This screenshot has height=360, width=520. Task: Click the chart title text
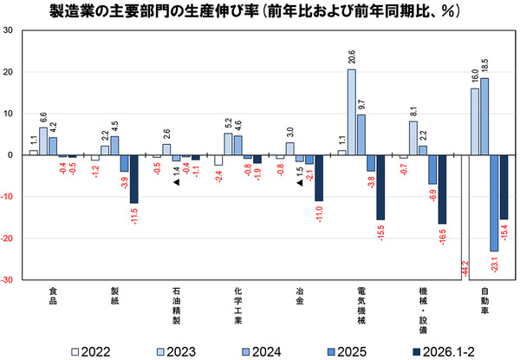coord(260,11)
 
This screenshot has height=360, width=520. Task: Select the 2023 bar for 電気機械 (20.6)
coord(351,113)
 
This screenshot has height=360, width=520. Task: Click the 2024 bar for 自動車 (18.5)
coord(484,117)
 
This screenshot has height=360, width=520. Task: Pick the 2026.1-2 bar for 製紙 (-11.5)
coord(133,180)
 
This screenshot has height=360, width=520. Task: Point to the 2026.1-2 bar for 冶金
coord(319,178)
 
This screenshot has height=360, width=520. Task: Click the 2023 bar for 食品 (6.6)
coord(43,142)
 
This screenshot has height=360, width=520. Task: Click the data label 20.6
coord(351,58)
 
